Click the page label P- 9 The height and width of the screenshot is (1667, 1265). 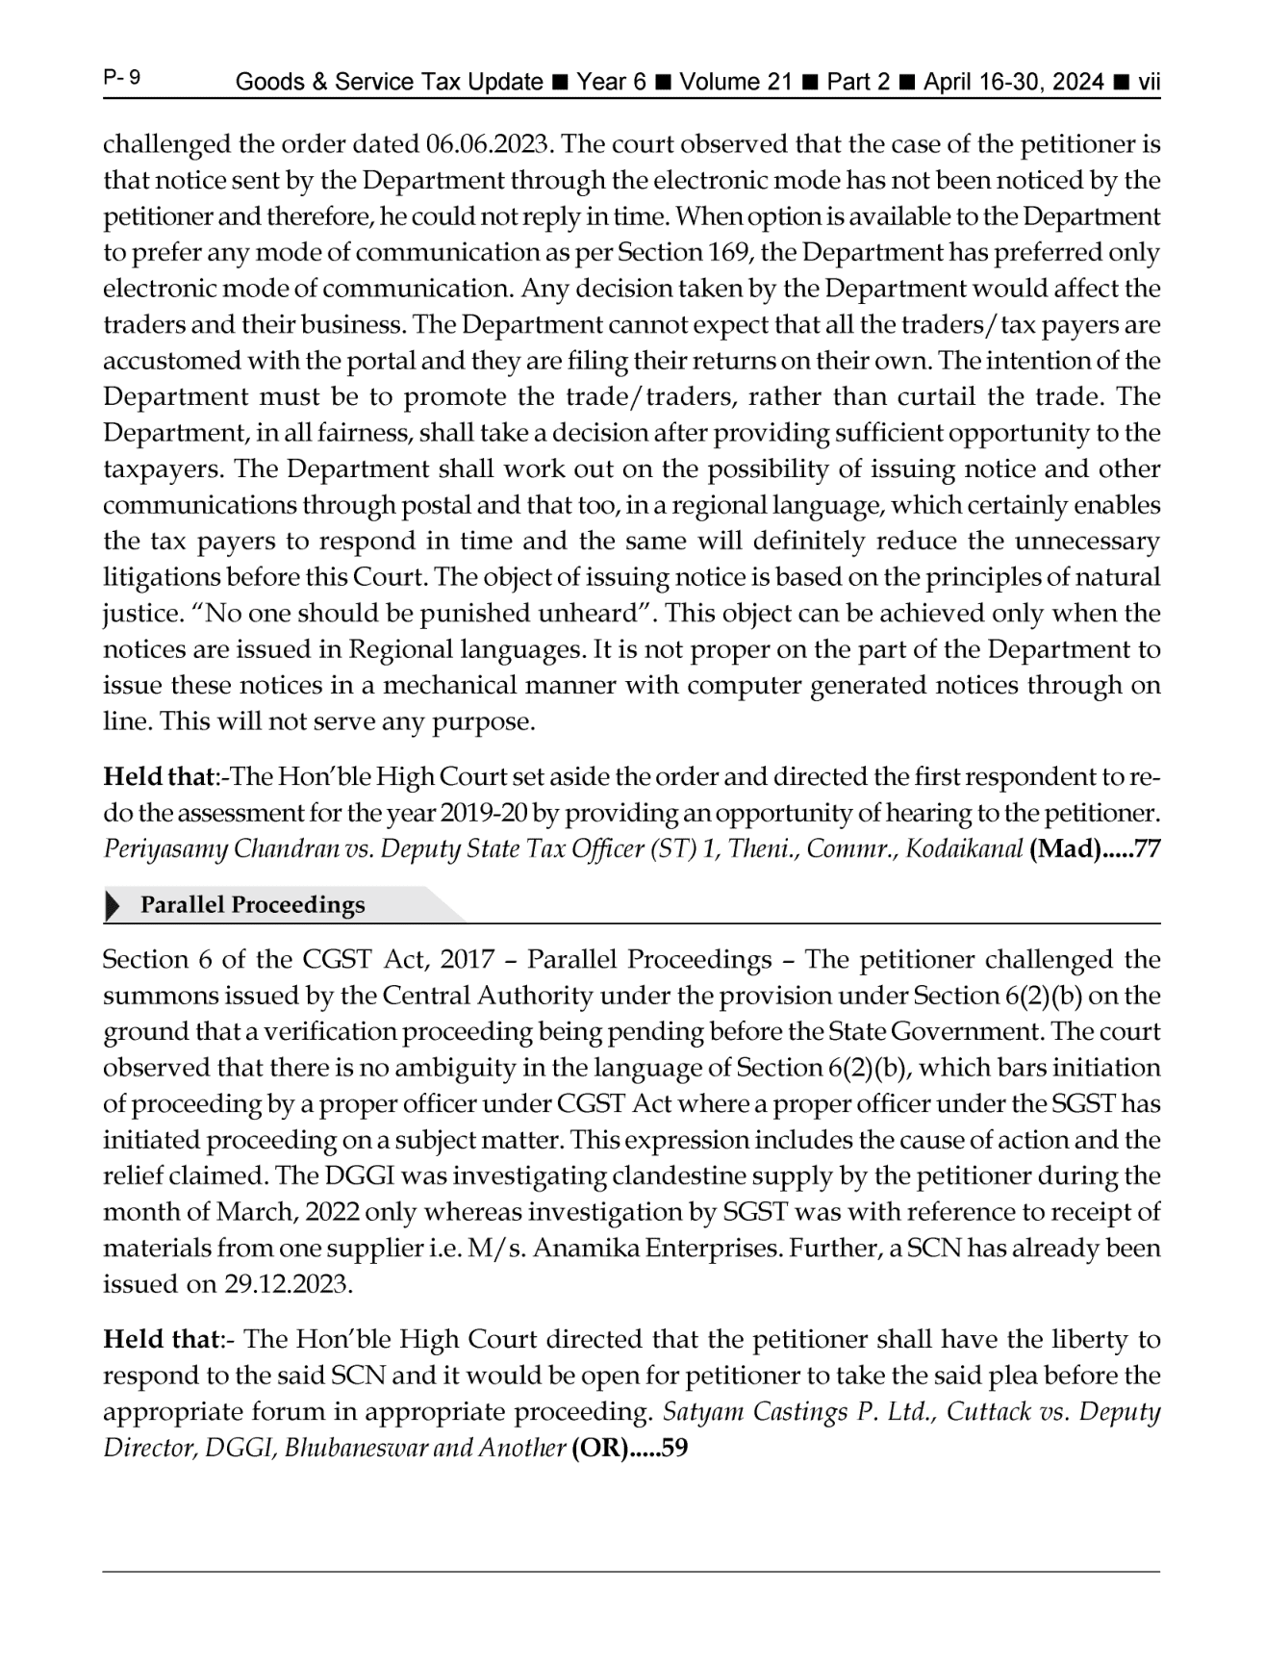click(122, 78)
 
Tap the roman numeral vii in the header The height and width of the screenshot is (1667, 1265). click(1149, 83)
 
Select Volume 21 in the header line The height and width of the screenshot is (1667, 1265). click(736, 83)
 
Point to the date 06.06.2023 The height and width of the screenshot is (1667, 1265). click(487, 144)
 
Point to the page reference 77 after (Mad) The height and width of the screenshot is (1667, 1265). click(1148, 850)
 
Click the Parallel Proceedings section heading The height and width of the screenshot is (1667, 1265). click(253, 905)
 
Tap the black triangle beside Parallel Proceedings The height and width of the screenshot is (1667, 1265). click(113, 906)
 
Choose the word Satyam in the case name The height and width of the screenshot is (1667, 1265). click(700, 1412)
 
